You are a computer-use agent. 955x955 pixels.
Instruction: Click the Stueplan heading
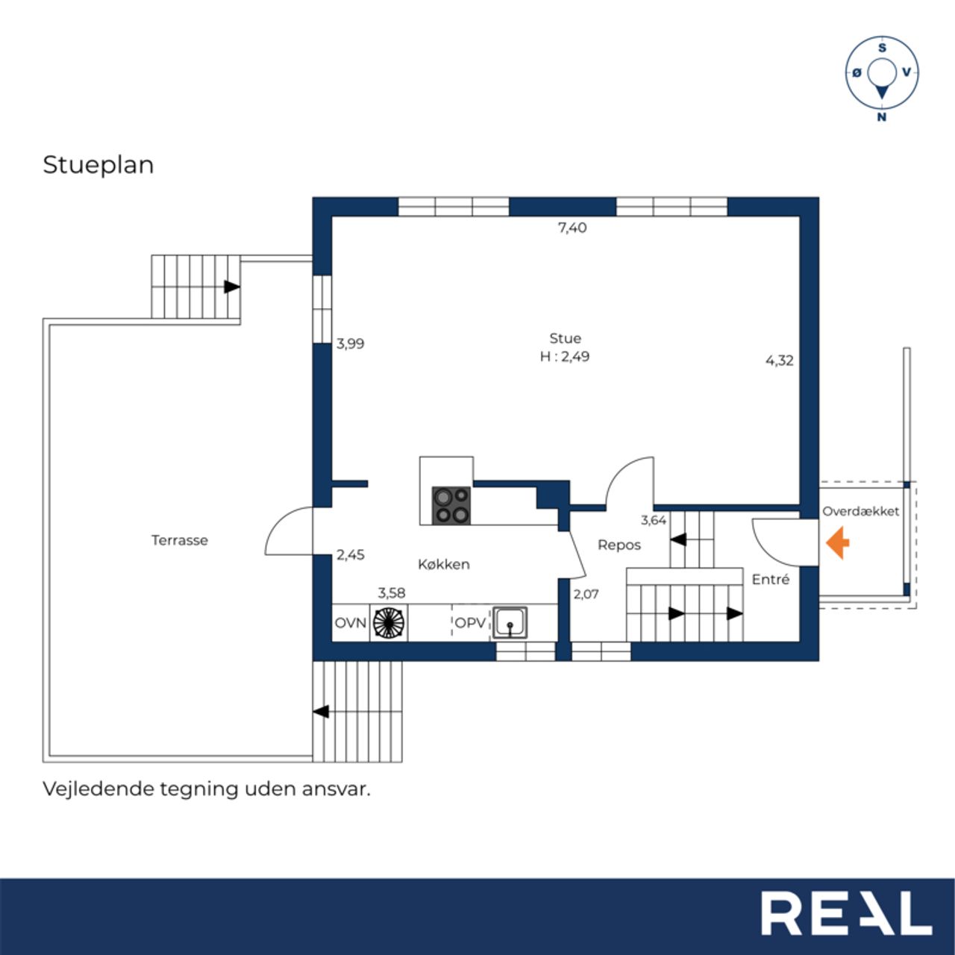click(98, 166)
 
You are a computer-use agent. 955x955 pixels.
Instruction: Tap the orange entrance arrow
click(837, 543)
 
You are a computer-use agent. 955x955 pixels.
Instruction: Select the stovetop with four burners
click(451, 506)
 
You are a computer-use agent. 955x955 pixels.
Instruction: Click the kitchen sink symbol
click(510, 622)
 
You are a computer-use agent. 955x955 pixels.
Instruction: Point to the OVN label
click(351, 623)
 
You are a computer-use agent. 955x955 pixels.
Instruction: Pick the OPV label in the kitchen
click(470, 623)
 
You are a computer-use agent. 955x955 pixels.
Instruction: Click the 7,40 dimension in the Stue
click(572, 228)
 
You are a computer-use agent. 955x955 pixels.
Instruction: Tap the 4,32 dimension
click(780, 360)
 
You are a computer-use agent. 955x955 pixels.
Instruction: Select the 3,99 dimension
click(351, 343)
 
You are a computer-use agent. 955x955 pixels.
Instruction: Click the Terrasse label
click(179, 540)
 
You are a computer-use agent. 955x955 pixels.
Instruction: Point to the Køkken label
click(443, 565)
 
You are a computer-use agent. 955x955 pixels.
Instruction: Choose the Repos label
click(619, 545)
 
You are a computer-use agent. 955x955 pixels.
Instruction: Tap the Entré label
click(770, 580)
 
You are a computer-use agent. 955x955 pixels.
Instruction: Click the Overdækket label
click(860, 512)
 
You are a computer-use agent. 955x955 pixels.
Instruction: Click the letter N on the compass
click(882, 117)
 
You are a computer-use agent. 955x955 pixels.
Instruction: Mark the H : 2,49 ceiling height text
click(565, 357)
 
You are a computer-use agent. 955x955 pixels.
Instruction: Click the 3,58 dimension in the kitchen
click(392, 592)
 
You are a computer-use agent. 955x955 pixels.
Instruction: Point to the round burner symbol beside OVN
click(389, 622)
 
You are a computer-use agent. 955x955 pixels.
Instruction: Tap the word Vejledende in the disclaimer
click(98, 789)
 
